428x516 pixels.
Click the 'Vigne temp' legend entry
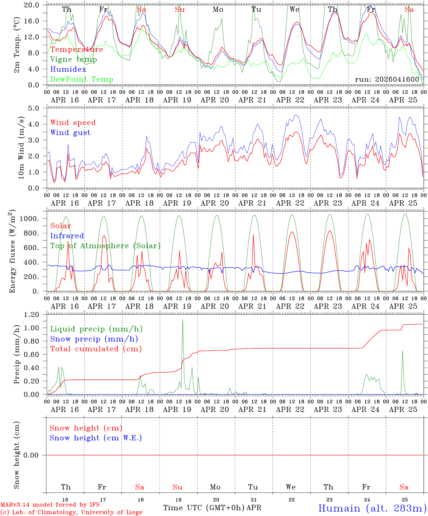tap(73, 59)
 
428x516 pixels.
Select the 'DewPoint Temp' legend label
tap(82, 80)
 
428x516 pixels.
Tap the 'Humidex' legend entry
tap(68, 70)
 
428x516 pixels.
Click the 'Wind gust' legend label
tap(70, 133)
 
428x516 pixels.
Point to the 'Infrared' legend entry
tap(67, 236)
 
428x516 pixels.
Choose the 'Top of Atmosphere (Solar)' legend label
tap(105, 246)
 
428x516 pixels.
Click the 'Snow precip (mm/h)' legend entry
tap(94, 339)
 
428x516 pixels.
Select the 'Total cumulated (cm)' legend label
tap(96, 349)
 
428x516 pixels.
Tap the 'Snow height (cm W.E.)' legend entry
tap(95, 438)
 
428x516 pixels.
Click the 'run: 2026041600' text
tap(387, 79)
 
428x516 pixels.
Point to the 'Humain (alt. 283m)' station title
tap(372, 508)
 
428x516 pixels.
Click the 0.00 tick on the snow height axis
tap(35, 455)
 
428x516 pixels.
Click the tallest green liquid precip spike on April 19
tap(183, 320)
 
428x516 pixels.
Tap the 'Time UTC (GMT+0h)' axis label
tap(204, 508)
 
